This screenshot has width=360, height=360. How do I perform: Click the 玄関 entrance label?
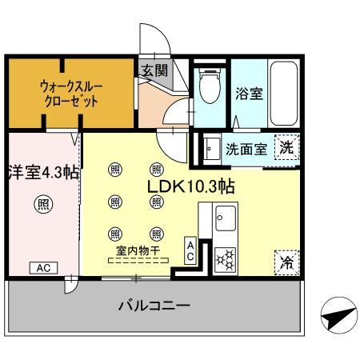click(x=154, y=70)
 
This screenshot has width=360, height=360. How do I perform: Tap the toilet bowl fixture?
click(x=210, y=86)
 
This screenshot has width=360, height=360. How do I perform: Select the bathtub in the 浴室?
click(x=283, y=94)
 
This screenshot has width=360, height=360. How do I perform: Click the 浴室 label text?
click(x=249, y=94)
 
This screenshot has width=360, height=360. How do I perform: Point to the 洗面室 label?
click(x=246, y=150)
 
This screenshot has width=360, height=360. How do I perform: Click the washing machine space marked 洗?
click(x=287, y=147)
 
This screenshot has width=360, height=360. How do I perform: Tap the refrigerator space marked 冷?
click(x=287, y=262)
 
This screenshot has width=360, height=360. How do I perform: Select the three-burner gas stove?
click(x=226, y=260)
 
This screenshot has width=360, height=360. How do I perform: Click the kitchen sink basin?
click(x=226, y=218)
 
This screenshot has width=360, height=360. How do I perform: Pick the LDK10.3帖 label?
click(x=191, y=186)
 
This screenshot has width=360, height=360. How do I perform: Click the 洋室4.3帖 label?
click(x=43, y=173)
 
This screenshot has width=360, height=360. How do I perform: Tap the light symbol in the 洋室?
click(x=43, y=204)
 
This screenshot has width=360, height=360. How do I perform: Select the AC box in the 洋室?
click(x=43, y=268)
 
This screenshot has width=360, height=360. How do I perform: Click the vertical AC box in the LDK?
click(x=190, y=250)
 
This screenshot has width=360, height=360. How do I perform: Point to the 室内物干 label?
click(x=138, y=250)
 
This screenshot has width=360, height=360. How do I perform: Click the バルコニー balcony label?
click(x=154, y=306)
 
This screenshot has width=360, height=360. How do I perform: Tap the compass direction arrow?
click(x=339, y=315)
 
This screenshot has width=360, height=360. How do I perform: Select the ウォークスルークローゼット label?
click(x=71, y=94)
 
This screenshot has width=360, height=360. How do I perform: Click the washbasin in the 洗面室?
click(x=212, y=149)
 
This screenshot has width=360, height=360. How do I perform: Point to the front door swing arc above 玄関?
click(x=163, y=34)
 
